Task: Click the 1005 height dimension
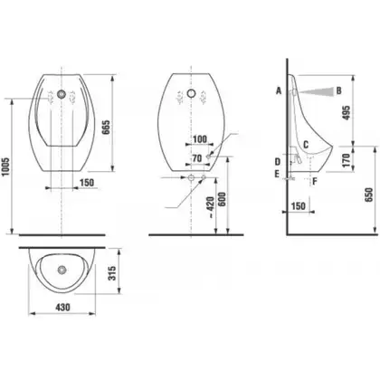tap(6, 166)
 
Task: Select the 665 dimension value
tap(106, 128)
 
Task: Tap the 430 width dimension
tap(62, 307)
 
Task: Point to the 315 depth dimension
tap(112, 273)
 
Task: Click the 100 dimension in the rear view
tap(200, 139)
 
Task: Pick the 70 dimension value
tap(197, 158)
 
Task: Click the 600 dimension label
tap(222, 199)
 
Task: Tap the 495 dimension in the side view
tap(347, 112)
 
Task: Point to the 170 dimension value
tap(347, 160)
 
